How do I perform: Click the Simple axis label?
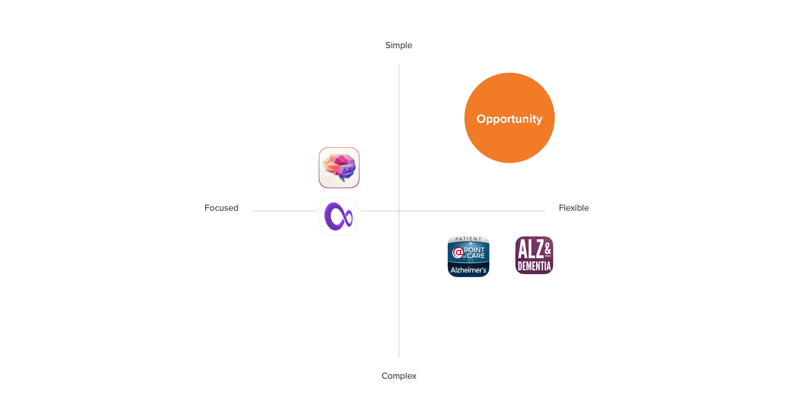(399, 46)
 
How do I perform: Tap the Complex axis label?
(399, 376)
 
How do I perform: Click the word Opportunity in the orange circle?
(509, 119)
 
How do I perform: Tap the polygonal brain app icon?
(339, 168)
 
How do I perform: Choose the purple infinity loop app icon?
(338, 216)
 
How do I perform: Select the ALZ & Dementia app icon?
(534, 255)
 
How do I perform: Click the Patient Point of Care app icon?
(468, 256)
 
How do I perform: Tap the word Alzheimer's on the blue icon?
(468, 270)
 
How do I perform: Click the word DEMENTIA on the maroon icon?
(534, 266)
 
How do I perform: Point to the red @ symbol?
(457, 253)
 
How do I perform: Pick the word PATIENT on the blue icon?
(468, 239)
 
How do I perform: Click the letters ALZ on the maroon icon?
(531, 249)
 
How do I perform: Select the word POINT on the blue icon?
(474, 250)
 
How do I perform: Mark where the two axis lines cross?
(399, 211)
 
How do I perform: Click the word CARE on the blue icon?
(476, 256)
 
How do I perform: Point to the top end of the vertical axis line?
(399, 65)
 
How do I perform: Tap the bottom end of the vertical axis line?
(399, 357)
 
